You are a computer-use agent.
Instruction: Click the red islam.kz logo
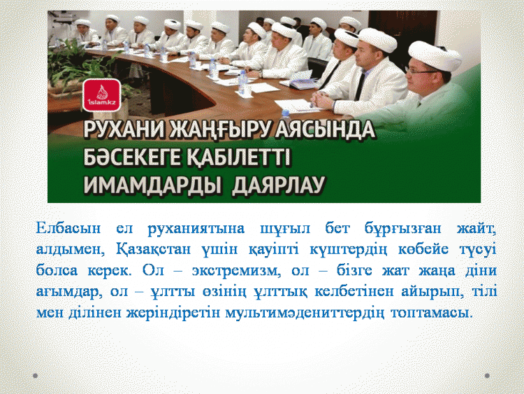pos(101,95)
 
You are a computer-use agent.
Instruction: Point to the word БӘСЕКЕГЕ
pos(131,157)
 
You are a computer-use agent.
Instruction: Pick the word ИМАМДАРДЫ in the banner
pos(152,185)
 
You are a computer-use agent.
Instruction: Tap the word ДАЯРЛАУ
pos(279,185)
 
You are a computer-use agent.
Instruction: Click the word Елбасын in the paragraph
pos(68,228)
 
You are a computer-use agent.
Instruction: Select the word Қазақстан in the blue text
pos(154,249)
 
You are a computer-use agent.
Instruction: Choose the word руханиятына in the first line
pos(196,229)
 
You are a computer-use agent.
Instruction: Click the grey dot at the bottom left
pos(35,376)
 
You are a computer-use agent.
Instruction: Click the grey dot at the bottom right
pos(487,376)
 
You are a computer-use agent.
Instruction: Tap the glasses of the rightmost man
pos(422,71)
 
